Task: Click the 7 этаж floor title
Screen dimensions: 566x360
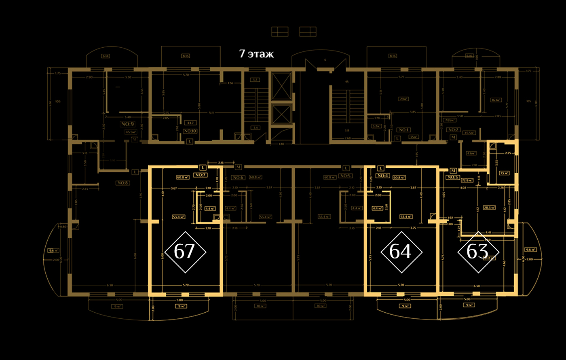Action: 256,54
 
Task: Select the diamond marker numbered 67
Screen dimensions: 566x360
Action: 185,252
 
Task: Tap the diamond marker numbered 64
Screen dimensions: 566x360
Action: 401,252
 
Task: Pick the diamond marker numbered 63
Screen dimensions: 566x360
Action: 478,252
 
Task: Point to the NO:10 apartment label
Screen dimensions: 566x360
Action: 190,131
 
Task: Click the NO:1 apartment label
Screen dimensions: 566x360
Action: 403,130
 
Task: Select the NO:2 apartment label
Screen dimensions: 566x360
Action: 453,130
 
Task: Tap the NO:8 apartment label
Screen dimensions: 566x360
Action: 122,183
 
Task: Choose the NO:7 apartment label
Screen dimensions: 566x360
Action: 200,175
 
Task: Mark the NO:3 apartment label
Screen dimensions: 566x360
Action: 452,177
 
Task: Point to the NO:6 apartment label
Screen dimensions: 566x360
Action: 238,177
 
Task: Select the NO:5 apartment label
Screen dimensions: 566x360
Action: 344,176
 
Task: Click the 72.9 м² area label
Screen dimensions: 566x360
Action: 468,180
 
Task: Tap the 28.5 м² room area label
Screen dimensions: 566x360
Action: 489,208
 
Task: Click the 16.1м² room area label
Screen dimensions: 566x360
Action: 496,100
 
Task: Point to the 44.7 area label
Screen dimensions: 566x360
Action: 190,123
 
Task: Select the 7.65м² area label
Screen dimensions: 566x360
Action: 450,120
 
